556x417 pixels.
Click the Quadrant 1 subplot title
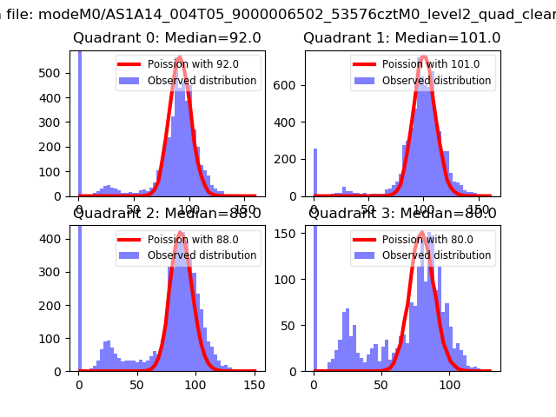(401, 38)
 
